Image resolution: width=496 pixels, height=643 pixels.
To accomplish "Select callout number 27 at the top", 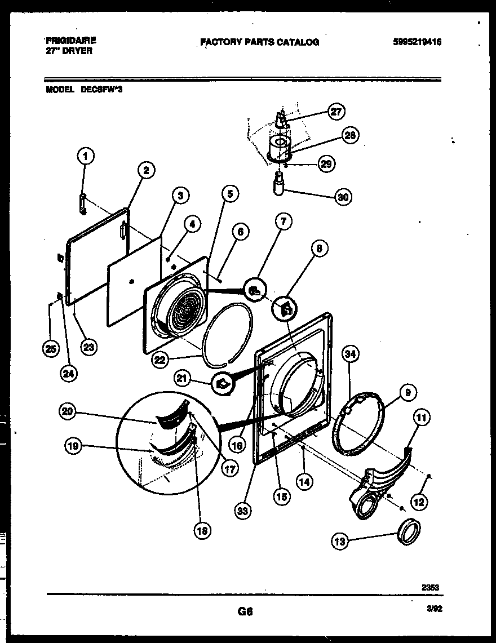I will tap(336, 112).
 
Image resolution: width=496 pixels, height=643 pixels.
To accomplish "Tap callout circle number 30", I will tap(342, 197).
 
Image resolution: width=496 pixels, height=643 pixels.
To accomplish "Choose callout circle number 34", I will tap(351, 354).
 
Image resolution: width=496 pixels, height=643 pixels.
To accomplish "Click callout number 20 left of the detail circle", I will tap(67, 412).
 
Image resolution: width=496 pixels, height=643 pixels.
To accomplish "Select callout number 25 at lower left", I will tap(50, 349).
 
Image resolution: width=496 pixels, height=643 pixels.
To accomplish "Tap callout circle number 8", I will tap(320, 249).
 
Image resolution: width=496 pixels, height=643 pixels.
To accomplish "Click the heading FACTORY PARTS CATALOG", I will tap(259, 42).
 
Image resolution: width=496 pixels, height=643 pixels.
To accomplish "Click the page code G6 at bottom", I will tap(245, 610).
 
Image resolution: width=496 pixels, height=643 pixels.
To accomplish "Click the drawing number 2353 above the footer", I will tap(430, 587).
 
